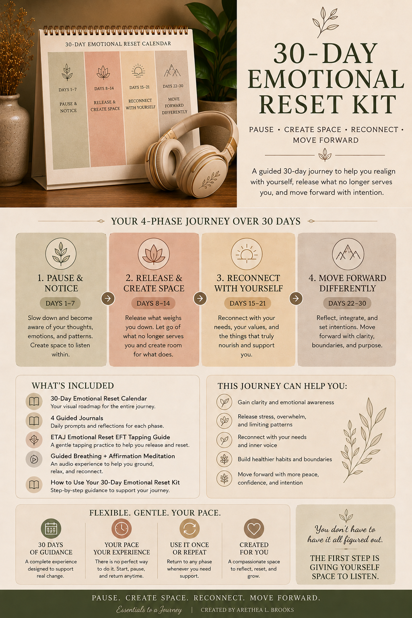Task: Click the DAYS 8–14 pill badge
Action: [153, 303]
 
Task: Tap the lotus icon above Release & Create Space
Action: [153, 254]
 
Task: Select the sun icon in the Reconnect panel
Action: [247, 254]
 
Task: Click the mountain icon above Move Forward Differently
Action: [348, 254]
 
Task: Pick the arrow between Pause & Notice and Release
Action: [108, 298]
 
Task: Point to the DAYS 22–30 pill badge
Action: [347, 303]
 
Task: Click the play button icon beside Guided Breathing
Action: [34, 459]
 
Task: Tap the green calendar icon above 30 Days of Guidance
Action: [51, 528]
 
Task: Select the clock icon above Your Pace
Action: [122, 528]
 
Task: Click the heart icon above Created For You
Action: [254, 528]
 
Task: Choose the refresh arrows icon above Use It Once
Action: [190, 528]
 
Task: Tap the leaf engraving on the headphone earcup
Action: [210, 179]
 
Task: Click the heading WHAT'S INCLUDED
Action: [72, 386]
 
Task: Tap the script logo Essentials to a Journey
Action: [149, 610]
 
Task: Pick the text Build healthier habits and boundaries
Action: [285, 459]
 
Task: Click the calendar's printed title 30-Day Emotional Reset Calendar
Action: [118, 44]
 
